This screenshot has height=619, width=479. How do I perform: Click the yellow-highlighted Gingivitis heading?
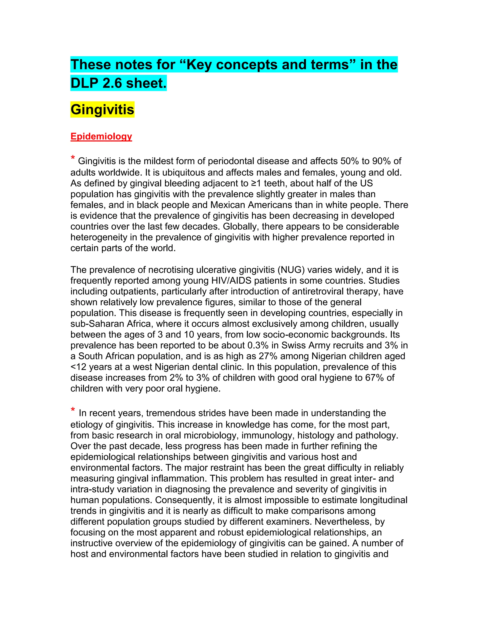click(102, 109)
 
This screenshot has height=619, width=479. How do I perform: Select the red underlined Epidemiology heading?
click(101, 136)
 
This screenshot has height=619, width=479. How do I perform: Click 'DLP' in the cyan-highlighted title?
click(84, 83)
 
